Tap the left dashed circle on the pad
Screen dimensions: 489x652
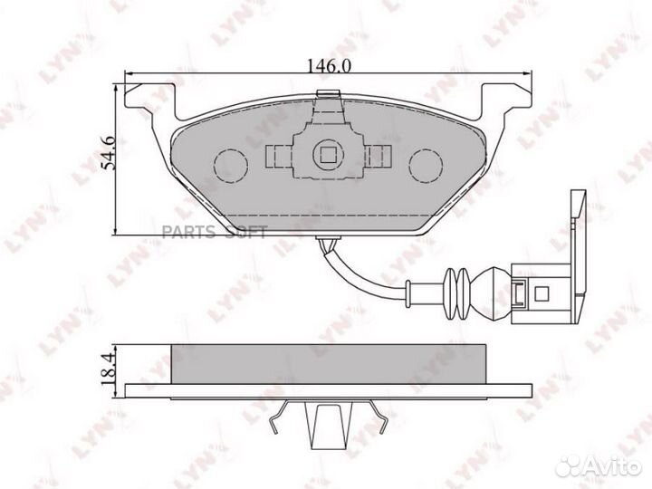pyautogui.click(x=230, y=164)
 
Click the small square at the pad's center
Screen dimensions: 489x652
pyautogui.click(x=327, y=155)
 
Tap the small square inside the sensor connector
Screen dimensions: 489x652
pyautogui.click(x=541, y=292)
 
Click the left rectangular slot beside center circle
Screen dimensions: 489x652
pyautogui.click(x=276, y=156)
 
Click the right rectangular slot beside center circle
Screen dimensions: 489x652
pyautogui.click(x=379, y=156)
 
